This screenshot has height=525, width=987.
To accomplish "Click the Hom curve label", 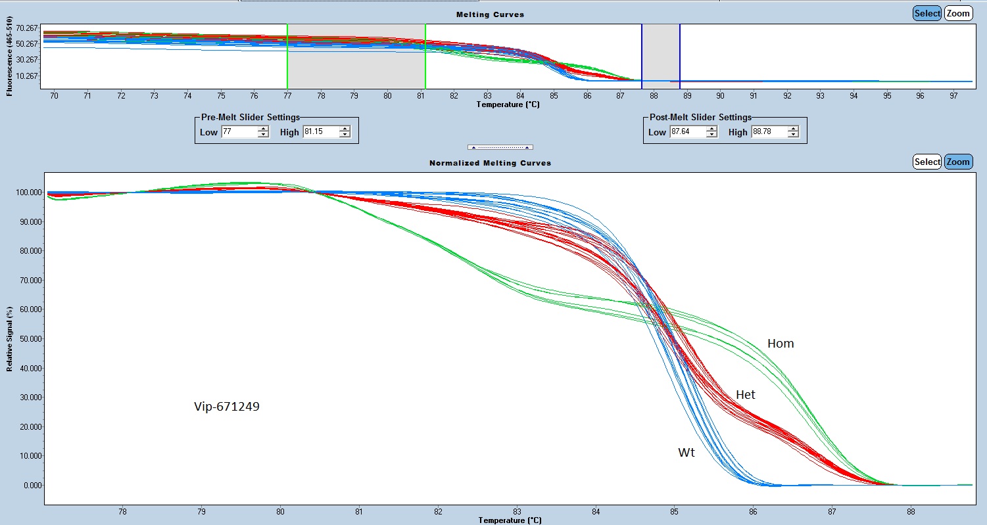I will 781,344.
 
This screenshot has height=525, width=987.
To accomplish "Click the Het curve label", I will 745,395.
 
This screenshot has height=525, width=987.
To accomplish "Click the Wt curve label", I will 686,453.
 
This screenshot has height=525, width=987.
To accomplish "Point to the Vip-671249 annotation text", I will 227,407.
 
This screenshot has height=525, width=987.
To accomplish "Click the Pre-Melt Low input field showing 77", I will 239,132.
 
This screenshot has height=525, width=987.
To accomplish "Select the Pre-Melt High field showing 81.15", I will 320,132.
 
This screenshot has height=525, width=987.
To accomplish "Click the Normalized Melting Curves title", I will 490,162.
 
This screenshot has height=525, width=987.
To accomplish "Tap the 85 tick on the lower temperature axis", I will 674,511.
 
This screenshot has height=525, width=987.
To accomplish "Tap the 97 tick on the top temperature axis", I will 953,96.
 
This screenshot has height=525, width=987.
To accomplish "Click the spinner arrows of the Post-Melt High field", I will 793,132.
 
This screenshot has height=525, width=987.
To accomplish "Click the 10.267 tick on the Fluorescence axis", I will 28,76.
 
